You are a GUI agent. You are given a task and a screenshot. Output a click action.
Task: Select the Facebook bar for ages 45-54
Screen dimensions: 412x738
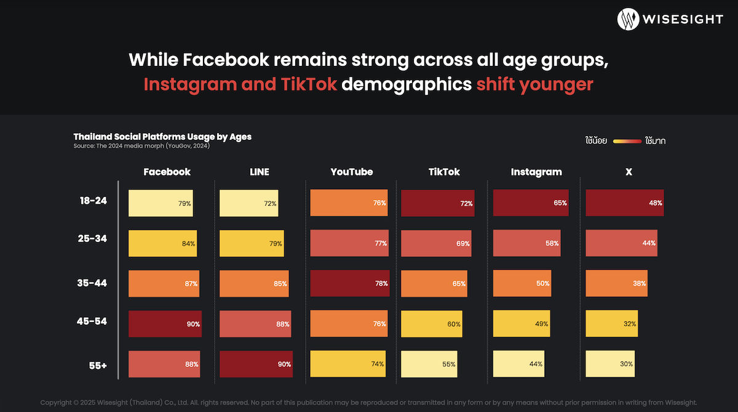[x=164, y=323]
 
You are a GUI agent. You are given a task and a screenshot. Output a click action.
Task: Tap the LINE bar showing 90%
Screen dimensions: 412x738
[x=255, y=363]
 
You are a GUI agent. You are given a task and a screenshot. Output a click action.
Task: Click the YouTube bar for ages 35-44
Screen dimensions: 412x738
[x=349, y=283]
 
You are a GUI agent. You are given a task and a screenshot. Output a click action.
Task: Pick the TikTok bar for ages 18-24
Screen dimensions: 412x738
[x=437, y=203]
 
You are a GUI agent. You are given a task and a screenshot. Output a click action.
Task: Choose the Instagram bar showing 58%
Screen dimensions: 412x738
[x=526, y=243]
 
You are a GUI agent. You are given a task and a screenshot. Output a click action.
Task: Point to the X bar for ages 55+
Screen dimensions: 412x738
[x=609, y=363]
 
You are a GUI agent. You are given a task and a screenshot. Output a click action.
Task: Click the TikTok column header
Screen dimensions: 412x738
[x=444, y=172]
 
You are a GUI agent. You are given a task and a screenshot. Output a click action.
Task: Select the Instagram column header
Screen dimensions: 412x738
[x=536, y=172]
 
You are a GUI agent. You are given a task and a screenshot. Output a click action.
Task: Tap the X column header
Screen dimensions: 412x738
[x=629, y=172]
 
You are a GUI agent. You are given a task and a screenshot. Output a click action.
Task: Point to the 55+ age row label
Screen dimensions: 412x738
[x=97, y=365]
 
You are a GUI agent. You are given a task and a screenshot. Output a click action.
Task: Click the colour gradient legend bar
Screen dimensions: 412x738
[x=627, y=141]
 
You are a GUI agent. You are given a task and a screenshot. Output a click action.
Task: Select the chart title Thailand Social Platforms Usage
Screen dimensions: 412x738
[x=162, y=137]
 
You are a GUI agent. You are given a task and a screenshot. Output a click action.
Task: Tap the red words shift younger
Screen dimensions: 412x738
[x=534, y=84]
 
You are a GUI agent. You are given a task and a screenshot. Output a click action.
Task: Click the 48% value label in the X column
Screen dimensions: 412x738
[x=655, y=203]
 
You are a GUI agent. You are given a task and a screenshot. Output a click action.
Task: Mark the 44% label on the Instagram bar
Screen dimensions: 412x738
[x=535, y=364]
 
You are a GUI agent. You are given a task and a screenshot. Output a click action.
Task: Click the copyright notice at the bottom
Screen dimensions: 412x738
[x=369, y=402]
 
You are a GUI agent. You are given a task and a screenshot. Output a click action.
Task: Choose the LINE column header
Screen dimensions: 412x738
[x=259, y=172]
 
